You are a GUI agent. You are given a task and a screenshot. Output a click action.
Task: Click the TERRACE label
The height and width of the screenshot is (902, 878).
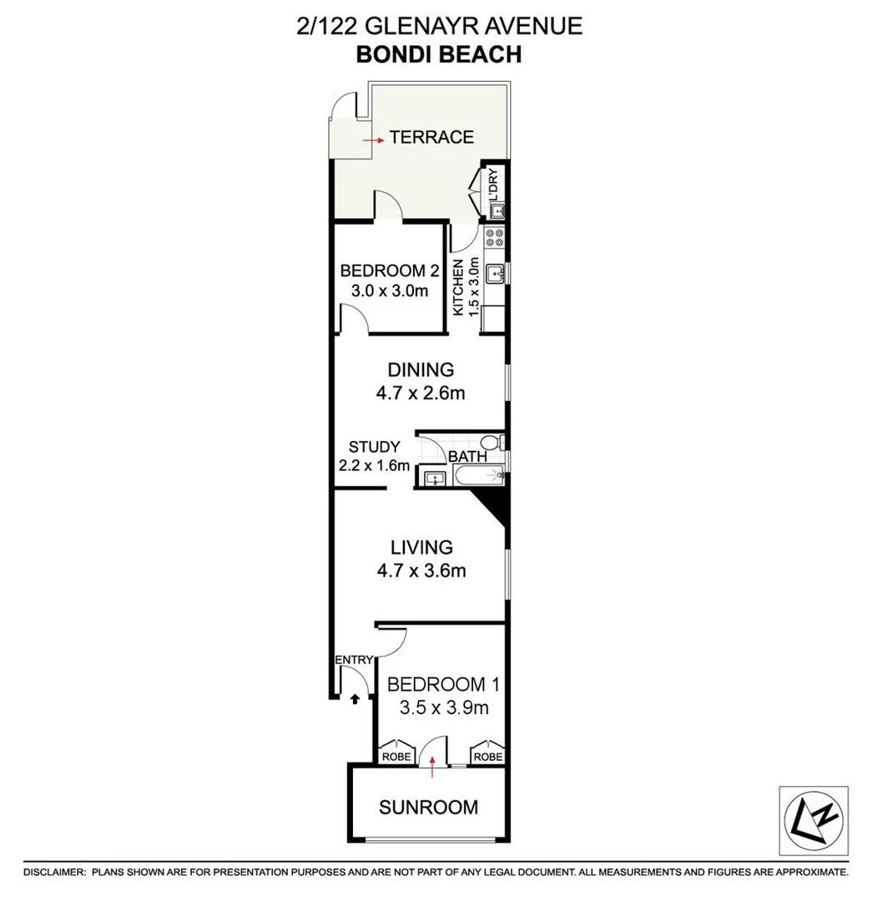432,138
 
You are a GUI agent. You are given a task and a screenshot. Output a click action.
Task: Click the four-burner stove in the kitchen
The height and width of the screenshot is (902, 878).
497,236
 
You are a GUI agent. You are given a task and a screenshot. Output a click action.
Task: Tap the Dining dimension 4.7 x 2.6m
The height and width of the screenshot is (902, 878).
421,391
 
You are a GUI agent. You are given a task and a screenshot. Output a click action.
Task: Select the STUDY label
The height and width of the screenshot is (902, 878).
374,447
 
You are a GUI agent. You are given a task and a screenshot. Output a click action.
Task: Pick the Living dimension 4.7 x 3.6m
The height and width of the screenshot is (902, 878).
421,571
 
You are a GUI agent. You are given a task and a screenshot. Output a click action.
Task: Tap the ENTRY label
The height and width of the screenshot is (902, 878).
353,660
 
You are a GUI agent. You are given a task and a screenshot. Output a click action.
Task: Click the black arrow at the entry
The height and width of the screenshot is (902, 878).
354,699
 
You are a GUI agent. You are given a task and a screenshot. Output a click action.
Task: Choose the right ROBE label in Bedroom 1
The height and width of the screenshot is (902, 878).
487,757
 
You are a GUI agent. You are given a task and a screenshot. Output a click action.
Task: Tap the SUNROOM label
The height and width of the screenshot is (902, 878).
428,808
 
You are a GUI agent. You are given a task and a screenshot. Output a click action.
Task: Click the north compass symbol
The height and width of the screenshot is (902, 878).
813,819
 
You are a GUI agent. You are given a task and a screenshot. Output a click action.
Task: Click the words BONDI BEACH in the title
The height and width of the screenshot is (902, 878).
439,54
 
